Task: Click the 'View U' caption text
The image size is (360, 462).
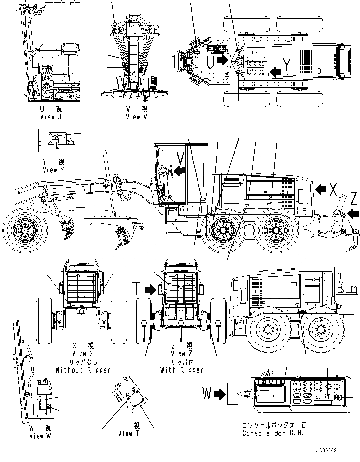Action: pos(51,117)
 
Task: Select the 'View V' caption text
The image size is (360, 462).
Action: pos(137,117)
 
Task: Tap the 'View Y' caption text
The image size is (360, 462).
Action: pos(54,170)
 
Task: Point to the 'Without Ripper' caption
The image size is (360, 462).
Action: pos(83,370)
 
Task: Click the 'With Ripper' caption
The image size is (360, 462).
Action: pos(181,370)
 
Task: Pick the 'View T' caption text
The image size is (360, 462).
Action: pos(129,434)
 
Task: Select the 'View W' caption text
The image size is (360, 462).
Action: pos(40,436)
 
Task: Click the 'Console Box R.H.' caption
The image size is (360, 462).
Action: pos(273,433)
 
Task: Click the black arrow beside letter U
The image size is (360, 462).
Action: pos(223,60)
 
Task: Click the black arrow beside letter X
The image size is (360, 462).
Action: pos(321,189)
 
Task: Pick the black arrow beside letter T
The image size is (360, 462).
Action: pos(151,289)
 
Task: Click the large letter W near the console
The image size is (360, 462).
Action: pos(207,394)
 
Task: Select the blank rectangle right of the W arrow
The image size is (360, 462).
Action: pos(233,394)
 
